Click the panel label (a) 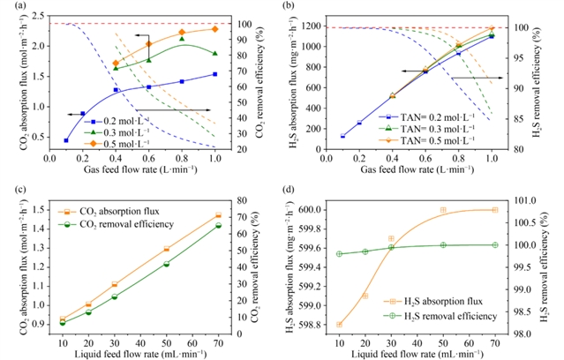click(x=13, y=7)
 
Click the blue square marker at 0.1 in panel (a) click(x=66, y=140)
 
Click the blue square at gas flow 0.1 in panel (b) click(x=342, y=136)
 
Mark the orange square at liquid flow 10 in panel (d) click(x=339, y=325)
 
